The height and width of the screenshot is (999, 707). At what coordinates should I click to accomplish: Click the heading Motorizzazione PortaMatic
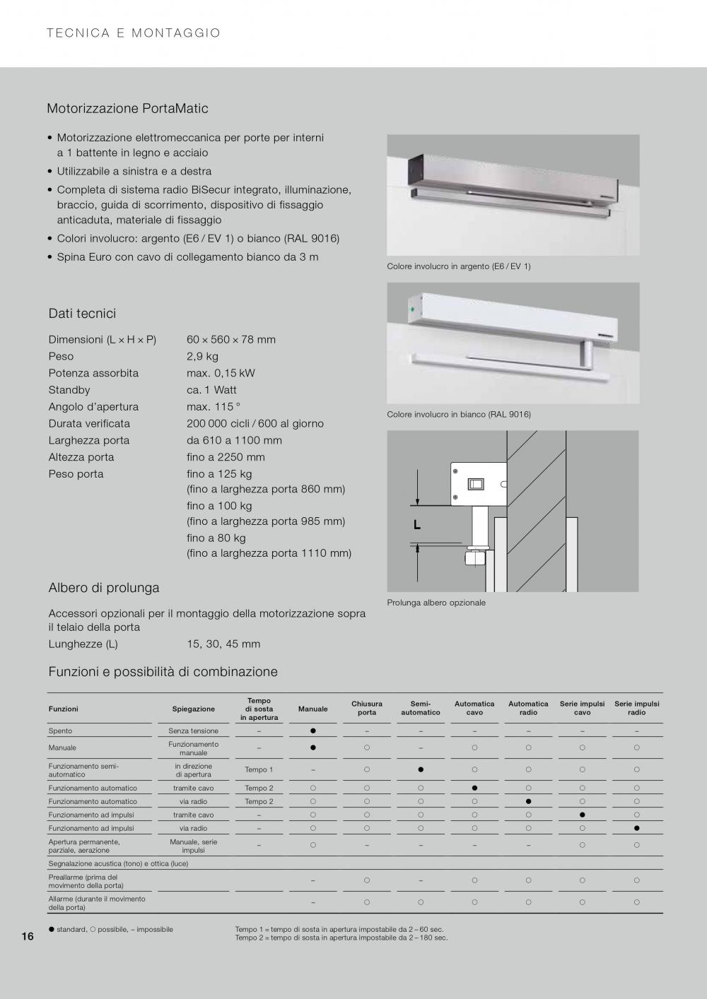(127, 109)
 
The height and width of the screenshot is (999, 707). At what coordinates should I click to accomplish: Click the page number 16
(28, 937)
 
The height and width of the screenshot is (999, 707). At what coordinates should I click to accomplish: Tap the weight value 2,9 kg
(202, 356)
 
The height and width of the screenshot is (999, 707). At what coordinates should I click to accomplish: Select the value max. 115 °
(213, 407)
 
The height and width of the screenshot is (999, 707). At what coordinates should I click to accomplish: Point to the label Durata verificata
(89, 424)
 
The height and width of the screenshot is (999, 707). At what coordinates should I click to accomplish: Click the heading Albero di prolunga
(104, 588)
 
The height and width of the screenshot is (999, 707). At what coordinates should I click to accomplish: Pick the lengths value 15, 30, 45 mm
(223, 644)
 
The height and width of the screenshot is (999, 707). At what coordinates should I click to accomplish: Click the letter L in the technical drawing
(417, 525)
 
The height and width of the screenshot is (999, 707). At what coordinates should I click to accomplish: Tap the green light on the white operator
(411, 309)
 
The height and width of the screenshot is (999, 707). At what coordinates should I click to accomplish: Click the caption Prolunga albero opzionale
(436, 603)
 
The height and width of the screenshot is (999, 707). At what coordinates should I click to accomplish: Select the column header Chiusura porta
(367, 708)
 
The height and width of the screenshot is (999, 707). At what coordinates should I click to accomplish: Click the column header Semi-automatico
(421, 708)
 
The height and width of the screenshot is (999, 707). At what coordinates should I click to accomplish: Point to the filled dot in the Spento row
(313, 731)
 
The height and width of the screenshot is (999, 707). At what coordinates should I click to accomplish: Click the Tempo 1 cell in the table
(259, 770)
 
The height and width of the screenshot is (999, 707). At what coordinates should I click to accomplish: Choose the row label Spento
(60, 731)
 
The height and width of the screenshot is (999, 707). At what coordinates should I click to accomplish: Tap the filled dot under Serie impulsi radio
(636, 828)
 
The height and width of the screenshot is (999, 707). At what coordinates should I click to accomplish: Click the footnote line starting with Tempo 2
(341, 938)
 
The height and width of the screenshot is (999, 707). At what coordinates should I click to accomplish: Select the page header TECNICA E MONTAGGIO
(134, 33)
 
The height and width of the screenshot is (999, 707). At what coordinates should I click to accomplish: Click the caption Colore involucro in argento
(458, 266)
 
